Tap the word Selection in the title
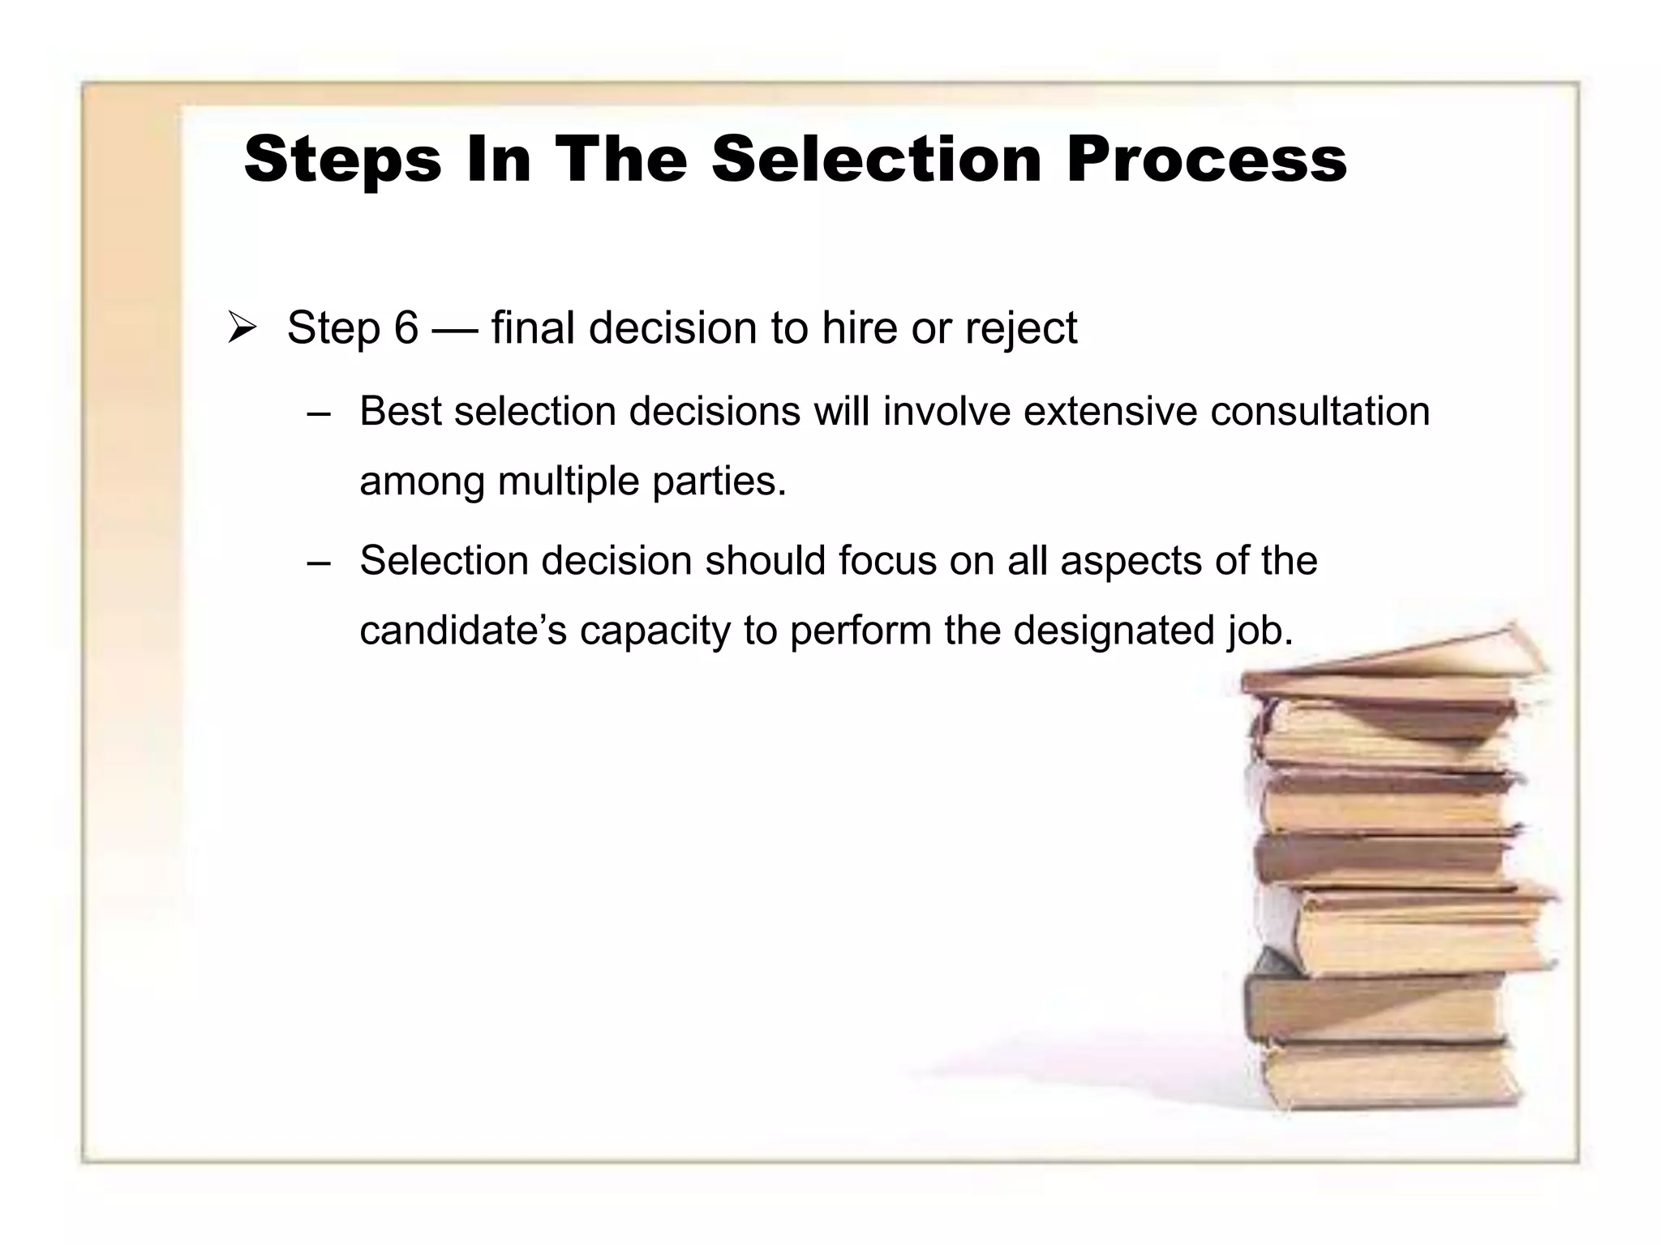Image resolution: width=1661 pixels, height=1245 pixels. (876, 159)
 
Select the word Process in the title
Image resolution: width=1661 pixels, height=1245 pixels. (1206, 159)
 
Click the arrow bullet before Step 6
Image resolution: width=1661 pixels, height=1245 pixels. (242, 328)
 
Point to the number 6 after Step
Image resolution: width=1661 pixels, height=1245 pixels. (406, 328)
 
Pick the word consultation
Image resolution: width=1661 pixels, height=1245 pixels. (1320, 411)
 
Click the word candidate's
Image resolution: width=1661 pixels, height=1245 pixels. (463, 631)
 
